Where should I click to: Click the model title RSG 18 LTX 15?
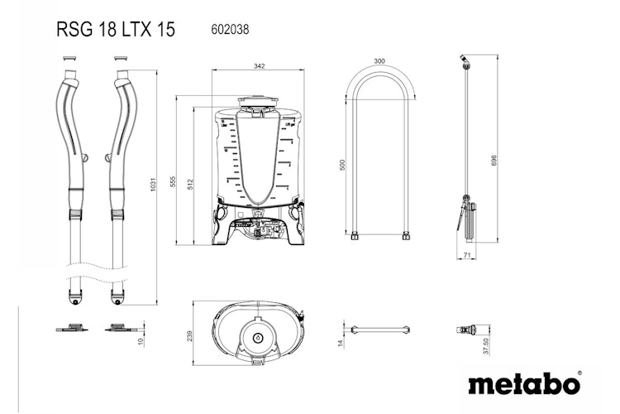coord(115,31)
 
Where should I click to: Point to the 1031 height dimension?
coord(151,188)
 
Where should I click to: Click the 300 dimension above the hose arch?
coord(379,61)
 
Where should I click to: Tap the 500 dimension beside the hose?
coord(343,165)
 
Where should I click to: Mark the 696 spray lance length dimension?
coord(494,159)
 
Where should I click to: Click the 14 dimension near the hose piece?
coord(339,342)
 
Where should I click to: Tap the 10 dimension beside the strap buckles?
coord(141,339)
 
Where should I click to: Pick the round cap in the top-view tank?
coord(257,338)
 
